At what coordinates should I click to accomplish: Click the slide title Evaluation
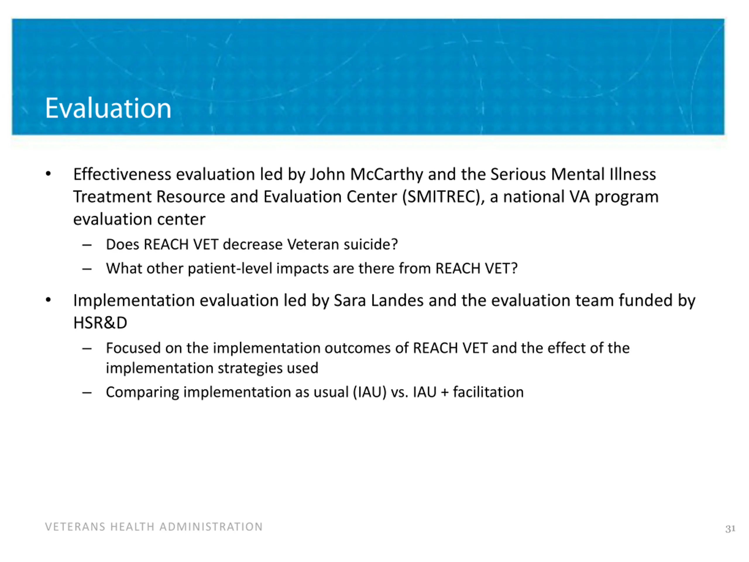tap(108, 108)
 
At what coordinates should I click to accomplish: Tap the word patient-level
tap(230, 269)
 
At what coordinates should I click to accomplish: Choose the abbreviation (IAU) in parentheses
tap(370, 392)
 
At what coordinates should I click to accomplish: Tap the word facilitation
tap(488, 392)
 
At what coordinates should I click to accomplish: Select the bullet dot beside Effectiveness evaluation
tap(48, 174)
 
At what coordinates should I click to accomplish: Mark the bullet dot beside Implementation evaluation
tap(48, 300)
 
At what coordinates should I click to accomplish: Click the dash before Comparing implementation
tap(87, 393)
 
